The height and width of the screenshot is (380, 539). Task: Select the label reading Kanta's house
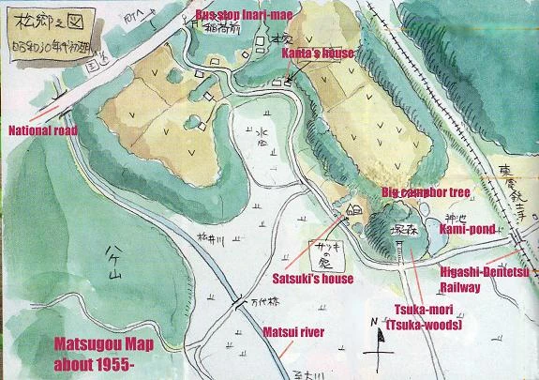click(x=318, y=53)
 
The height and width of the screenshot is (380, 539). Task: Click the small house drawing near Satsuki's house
click(x=353, y=213)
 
